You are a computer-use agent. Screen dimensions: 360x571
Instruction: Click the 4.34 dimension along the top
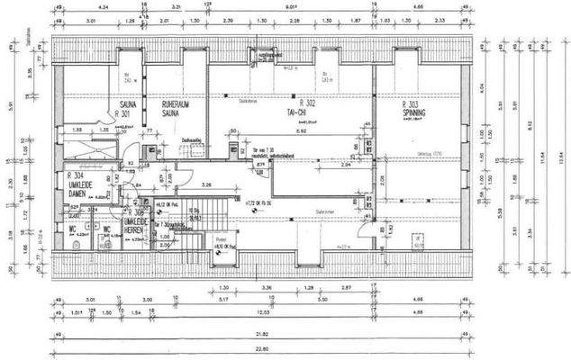coord(128,8)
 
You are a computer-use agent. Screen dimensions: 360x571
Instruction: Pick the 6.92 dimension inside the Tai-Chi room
coord(304,131)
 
